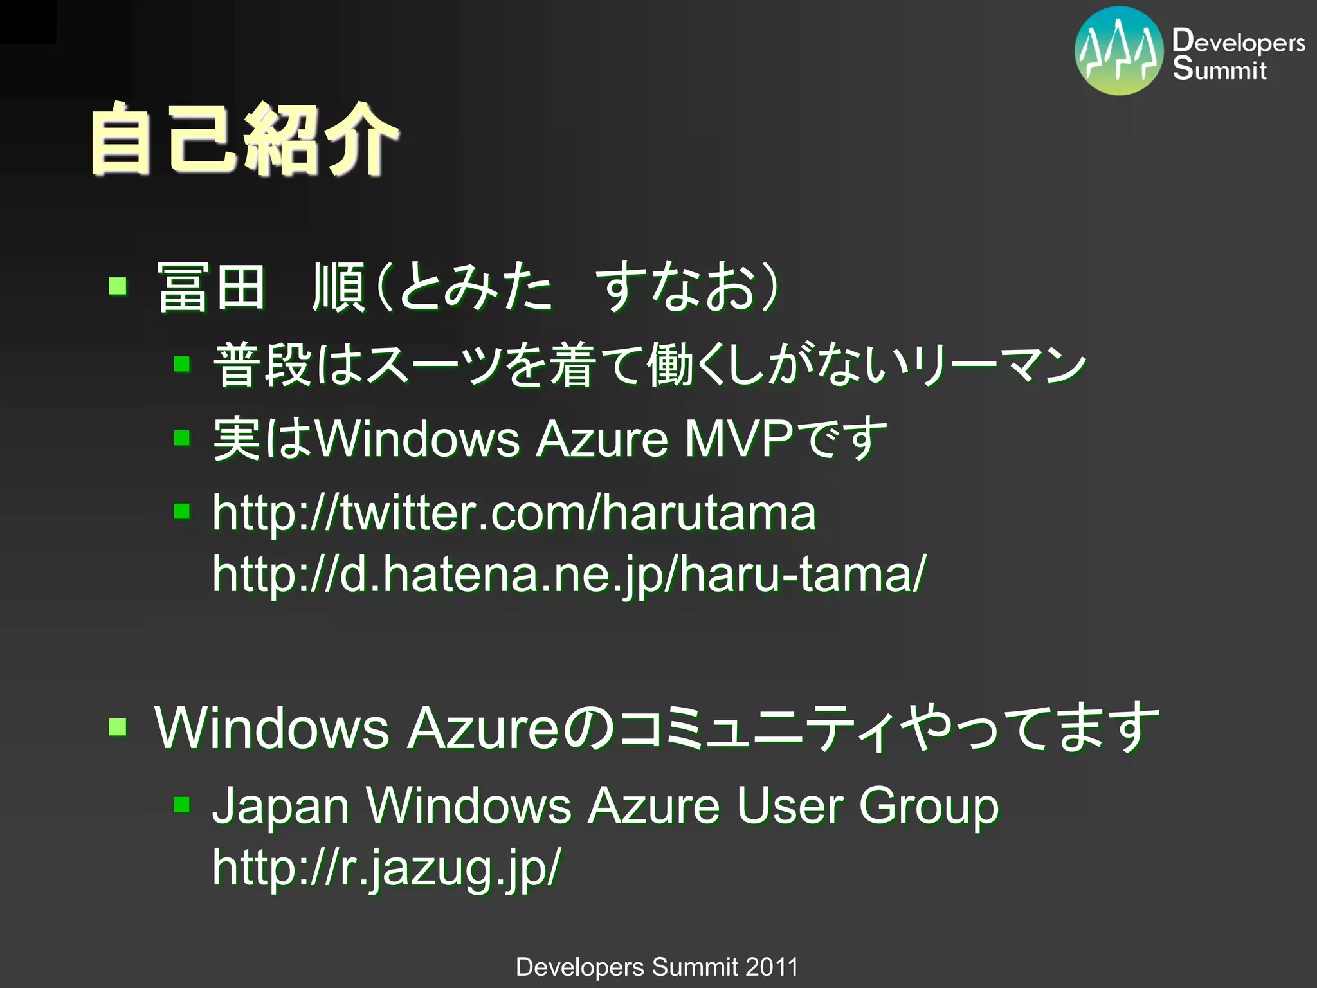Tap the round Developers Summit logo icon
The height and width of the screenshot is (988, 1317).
point(1119,51)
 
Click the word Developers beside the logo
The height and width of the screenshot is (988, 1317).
point(1239,41)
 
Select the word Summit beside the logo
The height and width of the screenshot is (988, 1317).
point(1219,68)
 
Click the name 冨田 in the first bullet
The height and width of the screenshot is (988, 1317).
point(211,287)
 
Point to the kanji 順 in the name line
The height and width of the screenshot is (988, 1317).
point(339,287)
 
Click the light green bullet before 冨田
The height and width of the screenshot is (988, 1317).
point(118,286)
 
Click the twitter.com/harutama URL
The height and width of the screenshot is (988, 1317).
point(514,513)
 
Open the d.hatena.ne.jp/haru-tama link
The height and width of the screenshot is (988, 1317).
point(569,574)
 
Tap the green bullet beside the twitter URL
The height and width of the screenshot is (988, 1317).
point(182,511)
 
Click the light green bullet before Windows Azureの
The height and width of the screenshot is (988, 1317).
point(118,727)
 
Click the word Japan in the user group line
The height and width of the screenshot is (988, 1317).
point(280,806)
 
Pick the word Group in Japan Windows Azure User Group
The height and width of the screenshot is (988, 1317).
point(929,806)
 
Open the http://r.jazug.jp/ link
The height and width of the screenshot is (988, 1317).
point(386,867)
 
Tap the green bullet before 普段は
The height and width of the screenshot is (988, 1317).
point(182,365)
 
